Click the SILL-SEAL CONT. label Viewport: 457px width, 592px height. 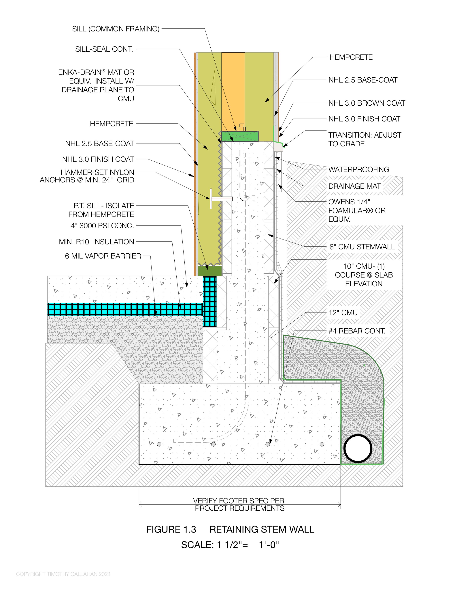(x=104, y=49)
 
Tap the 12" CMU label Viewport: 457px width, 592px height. (x=343, y=313)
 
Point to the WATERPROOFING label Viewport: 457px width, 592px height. (x=358, y=169)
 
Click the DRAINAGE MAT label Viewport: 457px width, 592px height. (x=354, y=186)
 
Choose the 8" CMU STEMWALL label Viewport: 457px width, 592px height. (x=362, y=247)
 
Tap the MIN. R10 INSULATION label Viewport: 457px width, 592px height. (x=96, y=242)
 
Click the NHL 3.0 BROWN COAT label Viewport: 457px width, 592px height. (x=367, y=103)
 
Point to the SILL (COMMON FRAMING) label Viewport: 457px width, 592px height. (x=116, y=29)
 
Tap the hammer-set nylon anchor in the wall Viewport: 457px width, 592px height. (x=221, y=199)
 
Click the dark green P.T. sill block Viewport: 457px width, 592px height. (x=210, y=270)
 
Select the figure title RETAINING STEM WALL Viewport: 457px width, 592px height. (x=262, y=529)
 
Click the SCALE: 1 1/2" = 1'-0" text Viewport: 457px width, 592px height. (x=230, y=545)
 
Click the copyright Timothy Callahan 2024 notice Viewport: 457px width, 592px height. (x=63, y=574)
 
